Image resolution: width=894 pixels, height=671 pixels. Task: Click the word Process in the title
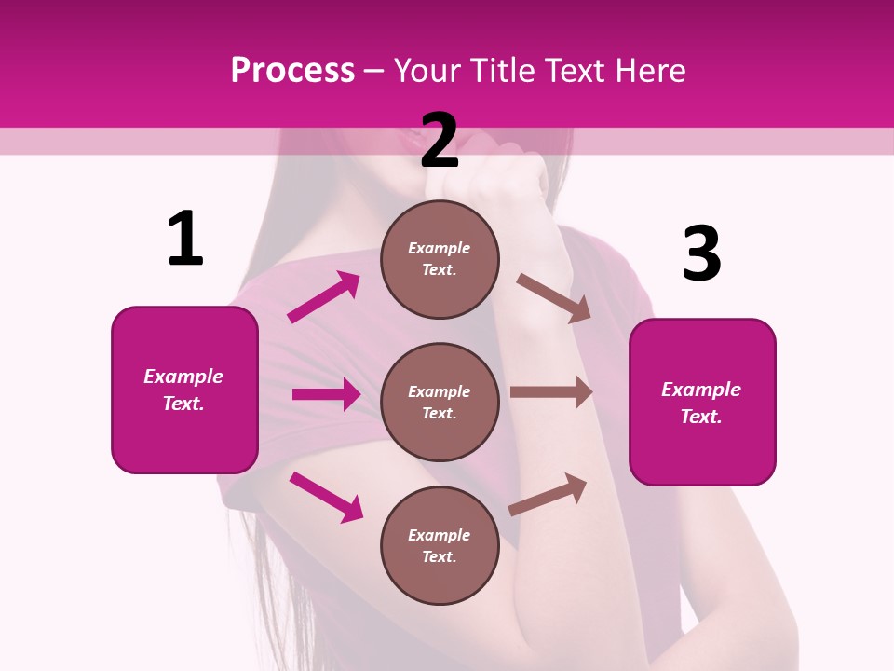tap(292, 71)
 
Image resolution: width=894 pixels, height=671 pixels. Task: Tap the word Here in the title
tap(648, 71)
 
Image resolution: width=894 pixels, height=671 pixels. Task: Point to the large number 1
tap(185, 239)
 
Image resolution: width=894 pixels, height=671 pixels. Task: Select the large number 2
tap(440, 141)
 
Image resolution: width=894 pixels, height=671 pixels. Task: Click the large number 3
tap(701, 253)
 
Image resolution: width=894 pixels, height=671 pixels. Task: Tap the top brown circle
tap(440, 259)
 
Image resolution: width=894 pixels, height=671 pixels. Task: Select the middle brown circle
tap(440, 402)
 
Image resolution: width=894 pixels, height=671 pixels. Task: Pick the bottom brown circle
tap(440, 545)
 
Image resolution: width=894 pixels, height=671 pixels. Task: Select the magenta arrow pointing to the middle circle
tap(326, 394)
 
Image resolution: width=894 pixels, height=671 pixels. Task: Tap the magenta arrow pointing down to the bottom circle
tap(326, 497)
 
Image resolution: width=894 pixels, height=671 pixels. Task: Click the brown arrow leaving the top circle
tap(554, 298)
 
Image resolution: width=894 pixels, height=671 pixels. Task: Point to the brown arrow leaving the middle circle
tap(551, 392)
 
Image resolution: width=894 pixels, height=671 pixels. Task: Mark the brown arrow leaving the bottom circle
tap(548, 494)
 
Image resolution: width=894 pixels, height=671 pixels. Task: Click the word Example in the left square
tap(183, 377)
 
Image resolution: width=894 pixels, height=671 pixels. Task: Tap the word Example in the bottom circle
tap(440, 535)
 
